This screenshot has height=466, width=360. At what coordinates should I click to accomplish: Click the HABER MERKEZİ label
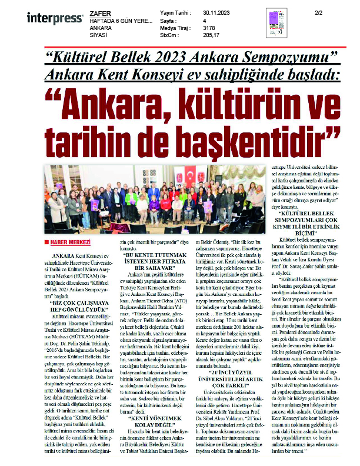[x=71, y=242]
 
